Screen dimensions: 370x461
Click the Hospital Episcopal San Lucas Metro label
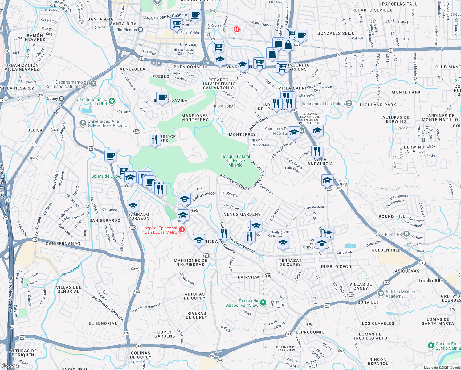click(x=159, y=230)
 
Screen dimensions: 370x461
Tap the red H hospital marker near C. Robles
click(x=236, y=30)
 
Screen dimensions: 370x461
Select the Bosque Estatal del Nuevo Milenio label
click(x=235, y=161)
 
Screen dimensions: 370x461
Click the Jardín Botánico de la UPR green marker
click(x=112, y=101)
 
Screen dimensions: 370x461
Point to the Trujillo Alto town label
click(x=430, y=281)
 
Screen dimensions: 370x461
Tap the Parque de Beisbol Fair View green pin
click(x=263, y=303)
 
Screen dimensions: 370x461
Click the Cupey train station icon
click(x=61, y=99)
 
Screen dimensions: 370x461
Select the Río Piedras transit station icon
click(x=140, y=30)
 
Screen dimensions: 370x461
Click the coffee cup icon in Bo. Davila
click(x=162, y=98)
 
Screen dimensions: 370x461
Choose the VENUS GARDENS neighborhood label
click(x=242, y=214)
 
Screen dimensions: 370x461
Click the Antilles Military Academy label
click(x=400, y=294)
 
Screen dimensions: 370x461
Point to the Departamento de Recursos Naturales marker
click(x=93, y=84)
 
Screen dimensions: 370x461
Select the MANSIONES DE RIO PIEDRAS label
click(x=190, y=262)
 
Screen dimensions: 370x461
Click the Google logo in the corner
click(x=10, y=366)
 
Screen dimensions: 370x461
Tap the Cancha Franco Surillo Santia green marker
click(x=431, y=346)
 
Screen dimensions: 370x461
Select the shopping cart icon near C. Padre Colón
click(x=176, y=24)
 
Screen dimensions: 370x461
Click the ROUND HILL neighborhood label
click(x=392, y=216)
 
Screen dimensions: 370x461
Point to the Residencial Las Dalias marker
click(x=349, y=103)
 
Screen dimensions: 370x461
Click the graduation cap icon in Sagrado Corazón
click(x=133, y=206)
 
